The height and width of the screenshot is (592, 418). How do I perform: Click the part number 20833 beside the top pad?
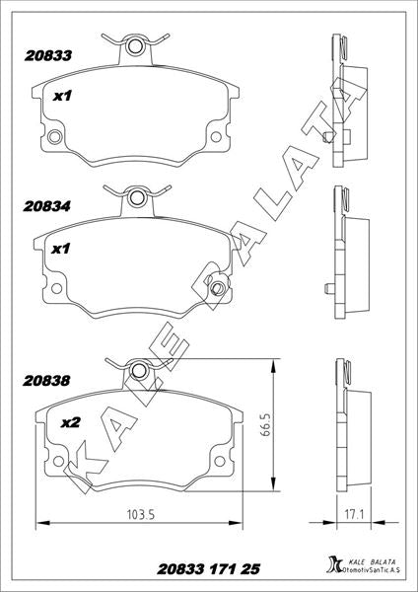[48, 56]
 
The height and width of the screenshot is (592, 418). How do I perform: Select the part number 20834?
[46, 206]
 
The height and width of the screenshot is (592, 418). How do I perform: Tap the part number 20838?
[46, 381]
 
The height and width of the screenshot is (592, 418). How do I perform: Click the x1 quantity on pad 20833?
[62, 97]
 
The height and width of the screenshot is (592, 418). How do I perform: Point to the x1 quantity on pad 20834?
[61, 249]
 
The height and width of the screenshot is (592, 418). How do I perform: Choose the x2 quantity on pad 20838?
[71, 423]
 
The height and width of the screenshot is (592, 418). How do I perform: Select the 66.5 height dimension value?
[265, 424]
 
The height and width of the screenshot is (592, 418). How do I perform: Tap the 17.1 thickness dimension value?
[353, 514]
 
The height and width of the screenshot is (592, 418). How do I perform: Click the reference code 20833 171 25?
[209, 569]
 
